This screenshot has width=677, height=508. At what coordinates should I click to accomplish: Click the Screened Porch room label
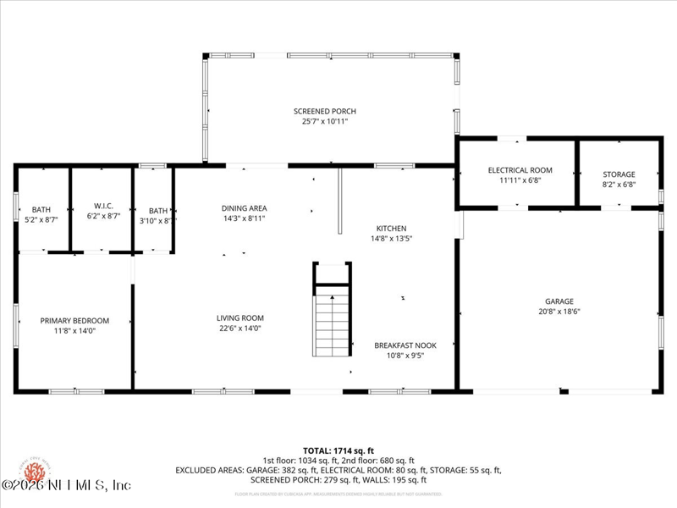[325, 111]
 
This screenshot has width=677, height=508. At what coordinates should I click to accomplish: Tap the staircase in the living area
[332, 324]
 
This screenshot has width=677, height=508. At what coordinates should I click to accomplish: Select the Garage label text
[559, 301]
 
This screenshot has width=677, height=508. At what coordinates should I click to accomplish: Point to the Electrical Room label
[520, 170]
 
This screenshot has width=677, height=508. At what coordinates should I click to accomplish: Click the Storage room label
[619, 174]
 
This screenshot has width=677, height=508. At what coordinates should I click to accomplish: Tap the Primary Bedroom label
[74, 320]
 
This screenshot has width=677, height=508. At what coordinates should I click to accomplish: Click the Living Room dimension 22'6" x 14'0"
[240, 329]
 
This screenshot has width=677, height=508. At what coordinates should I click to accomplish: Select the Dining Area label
[244, 208]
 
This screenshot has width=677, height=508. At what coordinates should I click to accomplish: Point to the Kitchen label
[392, 228]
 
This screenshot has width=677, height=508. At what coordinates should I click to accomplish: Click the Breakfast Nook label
[405, 345]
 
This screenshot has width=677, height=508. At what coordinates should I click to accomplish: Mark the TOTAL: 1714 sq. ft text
[338, 450]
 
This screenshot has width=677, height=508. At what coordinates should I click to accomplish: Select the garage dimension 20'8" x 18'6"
[559, 312]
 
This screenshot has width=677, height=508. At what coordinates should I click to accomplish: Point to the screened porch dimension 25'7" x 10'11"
[325, 122]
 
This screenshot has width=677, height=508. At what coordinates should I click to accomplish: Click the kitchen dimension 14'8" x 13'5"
[392, 239]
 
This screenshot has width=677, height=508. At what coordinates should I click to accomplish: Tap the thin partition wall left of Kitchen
[339, 200]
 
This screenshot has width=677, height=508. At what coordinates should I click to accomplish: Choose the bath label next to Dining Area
[158, 211]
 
